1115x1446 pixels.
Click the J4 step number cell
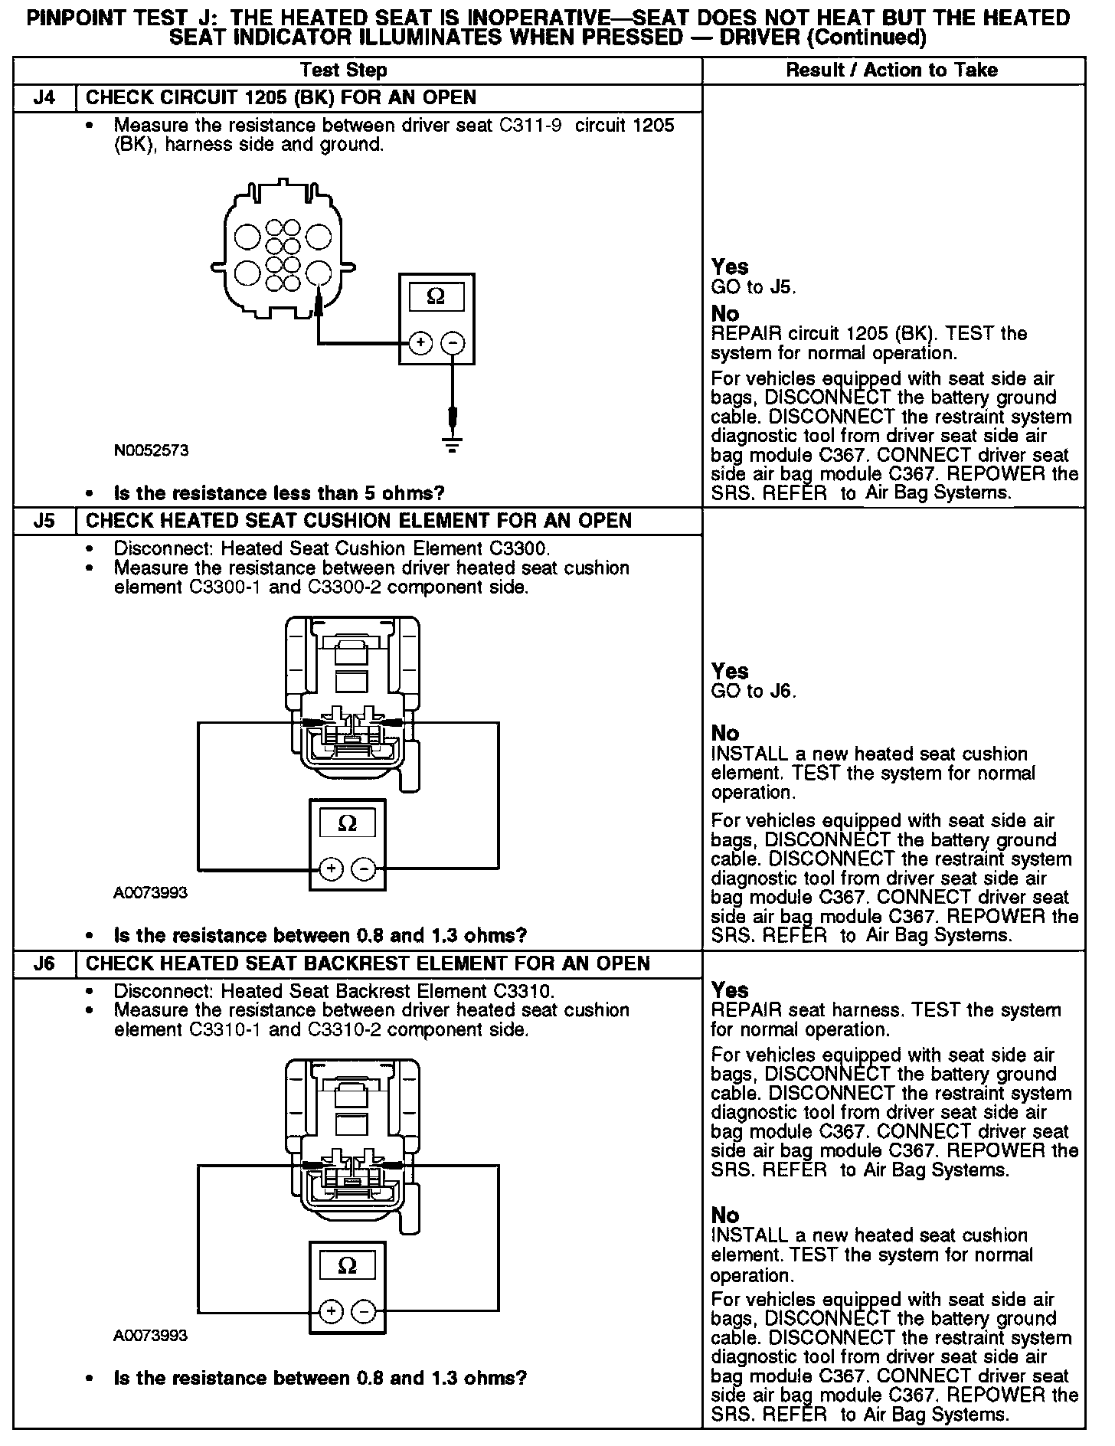[45, 98]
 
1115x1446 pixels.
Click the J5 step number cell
[45, 522]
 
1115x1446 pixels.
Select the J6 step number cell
[45, 963]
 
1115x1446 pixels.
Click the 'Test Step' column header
[344, 70]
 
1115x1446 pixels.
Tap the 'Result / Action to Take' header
[892, 70]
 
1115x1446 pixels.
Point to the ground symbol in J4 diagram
[453, 443]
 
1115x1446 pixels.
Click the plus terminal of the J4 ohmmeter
[420, 343]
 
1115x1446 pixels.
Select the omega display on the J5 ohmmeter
[347, 824]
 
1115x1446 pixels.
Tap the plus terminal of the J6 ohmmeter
[331, 1312]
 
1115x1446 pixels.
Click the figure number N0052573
[151, 450]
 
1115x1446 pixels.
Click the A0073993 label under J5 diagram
[150, 893]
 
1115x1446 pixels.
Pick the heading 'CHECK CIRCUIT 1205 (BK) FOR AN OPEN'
[280, 98]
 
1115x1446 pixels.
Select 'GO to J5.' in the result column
[754, 287]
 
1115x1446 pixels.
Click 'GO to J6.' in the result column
[754, 692]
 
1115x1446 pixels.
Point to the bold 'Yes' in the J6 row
[729, 990]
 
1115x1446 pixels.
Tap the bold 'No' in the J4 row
[725, 314]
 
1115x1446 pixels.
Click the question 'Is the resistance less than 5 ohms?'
[279, 493]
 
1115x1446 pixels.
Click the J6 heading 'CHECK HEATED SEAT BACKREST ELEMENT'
[368, 963]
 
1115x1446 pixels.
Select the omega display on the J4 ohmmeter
[436, 296]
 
